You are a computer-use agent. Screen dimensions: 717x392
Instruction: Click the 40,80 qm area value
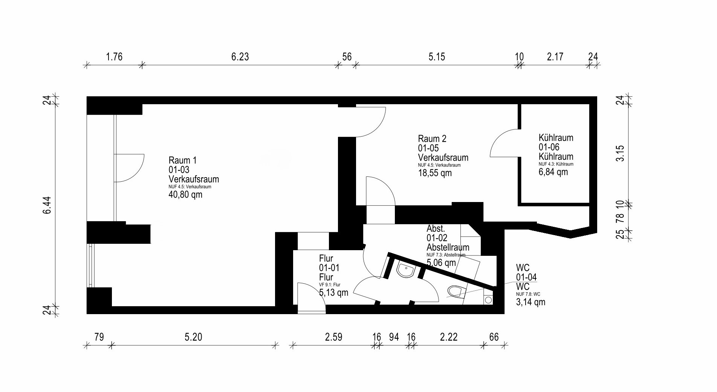coord(185,195)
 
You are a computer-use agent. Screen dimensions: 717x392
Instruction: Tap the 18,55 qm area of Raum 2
coord(435,173)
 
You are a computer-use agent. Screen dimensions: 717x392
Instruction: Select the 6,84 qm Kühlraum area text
coord(553,172)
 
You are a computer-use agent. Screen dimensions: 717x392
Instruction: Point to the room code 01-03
coord(179,170)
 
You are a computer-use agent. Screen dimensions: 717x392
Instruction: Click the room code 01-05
coord(428,148)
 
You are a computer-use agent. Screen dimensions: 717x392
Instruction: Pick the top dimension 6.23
coord(240,57)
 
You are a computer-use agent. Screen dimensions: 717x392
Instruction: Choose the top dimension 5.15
coord(437,57)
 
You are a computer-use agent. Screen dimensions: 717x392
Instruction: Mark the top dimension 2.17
coord(555,57)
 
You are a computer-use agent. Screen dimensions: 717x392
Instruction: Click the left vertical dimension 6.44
coord(47,205)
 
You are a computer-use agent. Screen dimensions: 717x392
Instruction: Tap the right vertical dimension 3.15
coord(620,153)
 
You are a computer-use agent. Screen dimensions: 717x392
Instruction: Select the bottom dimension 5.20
coord(193,337)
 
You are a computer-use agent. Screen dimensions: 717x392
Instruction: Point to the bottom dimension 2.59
coord(334,337)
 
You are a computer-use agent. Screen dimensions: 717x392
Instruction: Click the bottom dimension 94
coord(394,337)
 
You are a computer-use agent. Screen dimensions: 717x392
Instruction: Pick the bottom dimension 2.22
coord(449,337)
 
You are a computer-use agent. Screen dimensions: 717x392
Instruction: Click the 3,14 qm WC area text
coord(530,302)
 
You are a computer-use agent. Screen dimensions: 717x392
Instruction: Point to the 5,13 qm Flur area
coord(334,292)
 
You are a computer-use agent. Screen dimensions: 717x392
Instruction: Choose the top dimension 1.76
coord(114,57)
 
